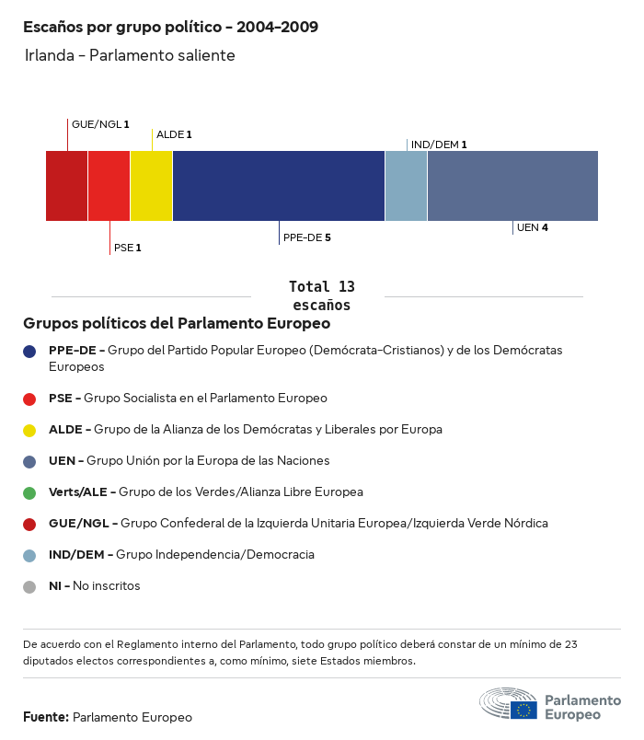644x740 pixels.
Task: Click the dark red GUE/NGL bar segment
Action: point(66,186)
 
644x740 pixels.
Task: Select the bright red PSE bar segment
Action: point(109,186)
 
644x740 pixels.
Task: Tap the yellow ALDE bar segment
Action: point(151,186)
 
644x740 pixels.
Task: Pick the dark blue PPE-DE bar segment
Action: point(278,186)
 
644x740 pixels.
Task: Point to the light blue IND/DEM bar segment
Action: point(406,186)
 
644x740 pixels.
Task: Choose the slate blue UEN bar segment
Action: point(512,186)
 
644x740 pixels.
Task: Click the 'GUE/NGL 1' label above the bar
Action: point(100,123)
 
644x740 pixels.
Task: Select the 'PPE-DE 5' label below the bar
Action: point(306,237)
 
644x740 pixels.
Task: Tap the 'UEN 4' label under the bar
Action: point(532,227)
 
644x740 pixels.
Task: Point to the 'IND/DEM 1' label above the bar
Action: point(439,145)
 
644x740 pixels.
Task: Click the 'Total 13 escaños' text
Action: point(321,295)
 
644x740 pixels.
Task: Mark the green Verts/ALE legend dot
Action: point(29,492)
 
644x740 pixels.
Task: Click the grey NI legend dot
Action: point(29,586)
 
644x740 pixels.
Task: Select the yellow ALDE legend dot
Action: point(29,430)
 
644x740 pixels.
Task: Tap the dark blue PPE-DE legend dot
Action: point(29,351)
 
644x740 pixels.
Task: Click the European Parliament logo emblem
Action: point(508,704)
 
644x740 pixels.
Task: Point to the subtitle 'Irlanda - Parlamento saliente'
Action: point(130,56)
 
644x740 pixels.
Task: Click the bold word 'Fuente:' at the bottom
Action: point(46,717)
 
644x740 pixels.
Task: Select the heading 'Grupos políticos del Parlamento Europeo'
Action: point(177,324)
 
